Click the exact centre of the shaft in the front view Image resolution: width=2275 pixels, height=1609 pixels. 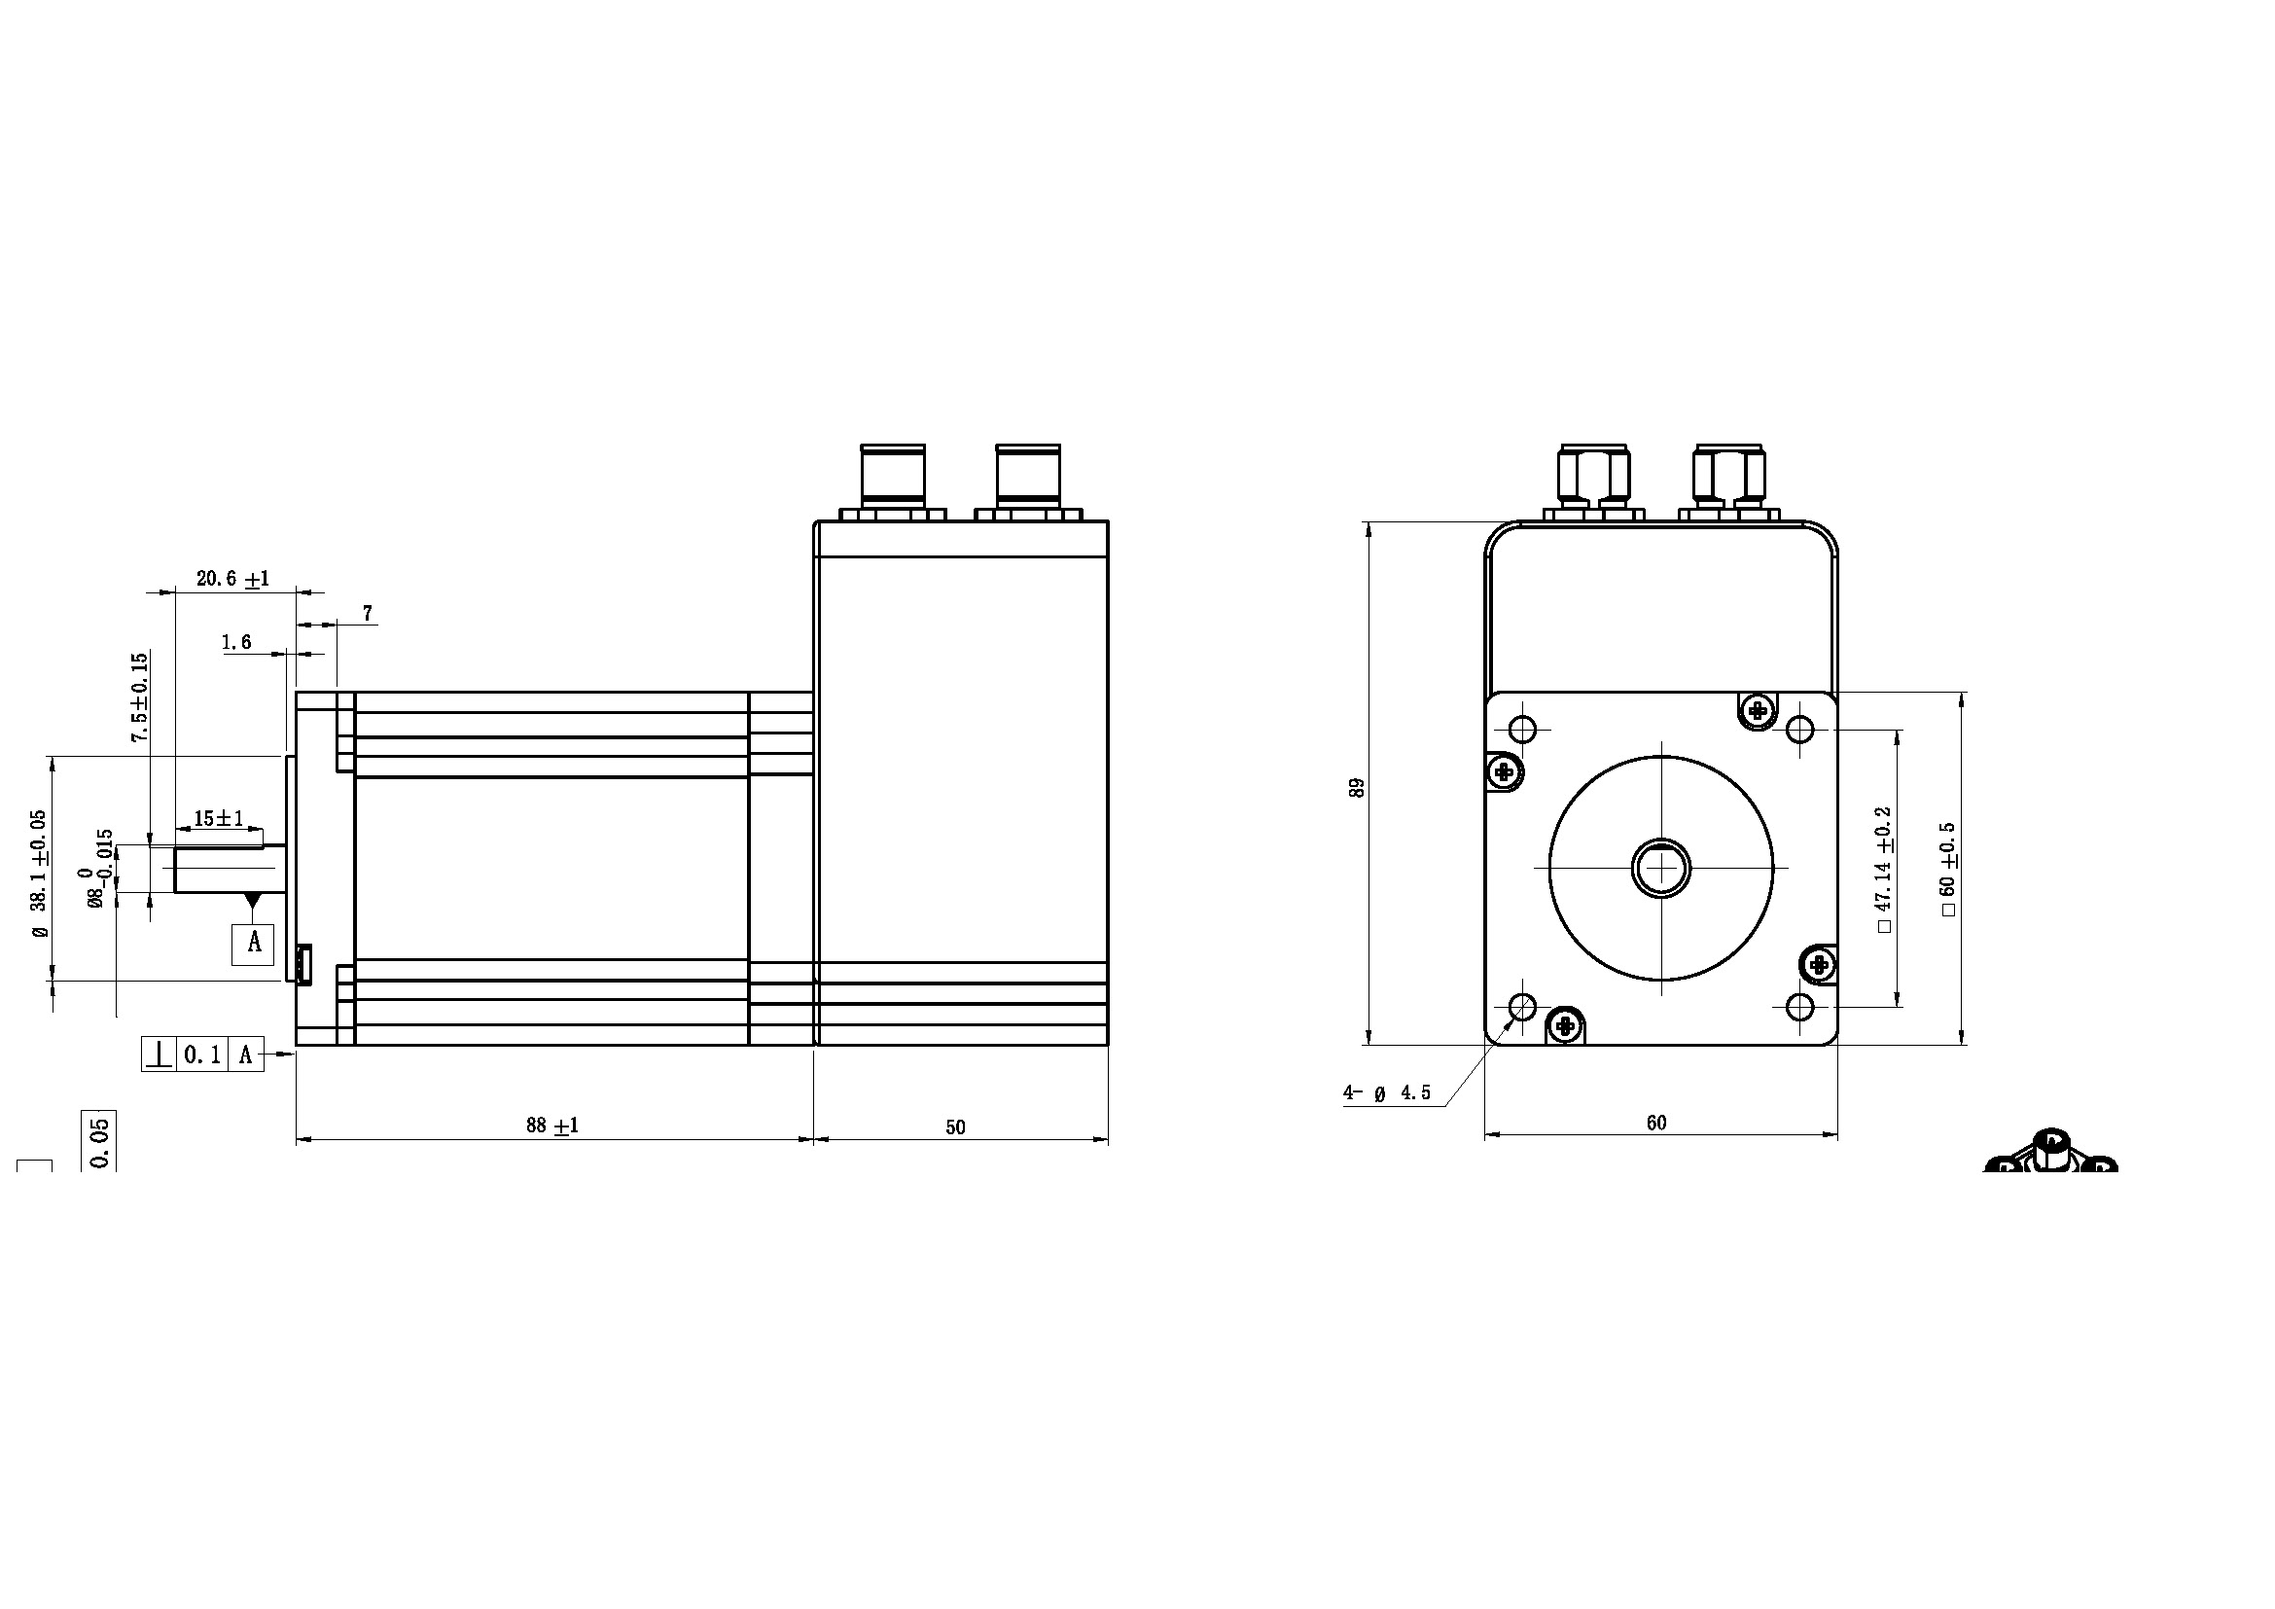pyautogui.click(x=1661, y=868)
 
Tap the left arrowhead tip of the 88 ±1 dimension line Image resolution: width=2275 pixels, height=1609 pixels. pyautogui.click(x=298, y=1139)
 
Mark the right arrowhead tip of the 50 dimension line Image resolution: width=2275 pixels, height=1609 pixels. pyautogui.click(x=1108, y=1139)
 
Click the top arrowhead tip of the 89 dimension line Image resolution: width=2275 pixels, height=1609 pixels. pyautogui.click(x=1369, y=522)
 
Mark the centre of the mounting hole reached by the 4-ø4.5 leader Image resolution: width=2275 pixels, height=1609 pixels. pyautogui.click(x=1522, y=1008)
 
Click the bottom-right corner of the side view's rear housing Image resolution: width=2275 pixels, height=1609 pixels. pyautogui.click(x=1108, y=1044)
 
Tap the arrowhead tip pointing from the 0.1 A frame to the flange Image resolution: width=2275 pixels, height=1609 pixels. pyautogui.click(x=297, y=1055)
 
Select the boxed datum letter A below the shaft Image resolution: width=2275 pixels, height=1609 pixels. pyautogui.click(x=254, y=943)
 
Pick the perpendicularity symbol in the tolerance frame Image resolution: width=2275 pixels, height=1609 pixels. pyautogui.click(x=159, y=1055)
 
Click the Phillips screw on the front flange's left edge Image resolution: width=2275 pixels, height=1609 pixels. pyautogui.click(x=1506, y=770)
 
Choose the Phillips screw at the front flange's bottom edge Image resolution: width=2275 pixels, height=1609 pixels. pyautogui.click(x=1566, y=1025)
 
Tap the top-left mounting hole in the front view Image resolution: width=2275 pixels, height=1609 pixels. pyautogui.click(x=1522, y=731)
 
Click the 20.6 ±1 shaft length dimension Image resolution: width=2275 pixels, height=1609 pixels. pyautogui.click(x=232, y=579)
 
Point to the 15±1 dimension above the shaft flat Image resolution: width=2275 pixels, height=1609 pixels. pyautogui.click(x=218, y=818)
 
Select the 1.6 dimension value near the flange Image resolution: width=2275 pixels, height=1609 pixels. pyautogui.click(x=235, y=643)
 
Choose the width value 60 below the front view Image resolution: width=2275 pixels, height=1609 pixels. pyautogui.click(x=1656, y=1124)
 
